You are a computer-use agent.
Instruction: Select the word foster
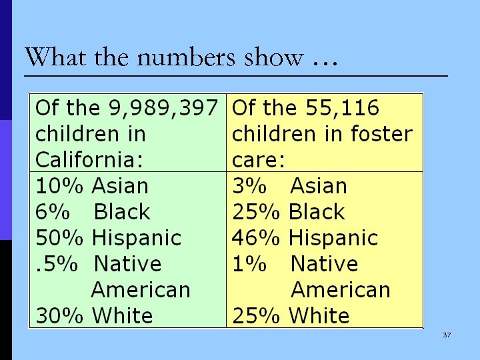pyautogui.click(x=381, y=134)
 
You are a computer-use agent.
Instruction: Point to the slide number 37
pyautogui.click(x=447, y=335)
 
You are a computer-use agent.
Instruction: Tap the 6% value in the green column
pyautogui.click(x=53, y=212)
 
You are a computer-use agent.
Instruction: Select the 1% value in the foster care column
pyautogui.click(x=249, y=264)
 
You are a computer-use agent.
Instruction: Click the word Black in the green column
pyautogui.click(x=122, y=212)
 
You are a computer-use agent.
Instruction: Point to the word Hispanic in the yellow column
pyautogui.click(x=333, y=238)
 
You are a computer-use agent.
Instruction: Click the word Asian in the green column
pyautogui.click(x=120, y=186)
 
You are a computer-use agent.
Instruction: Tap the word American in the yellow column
pyautogui.click(x=341, y=290)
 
